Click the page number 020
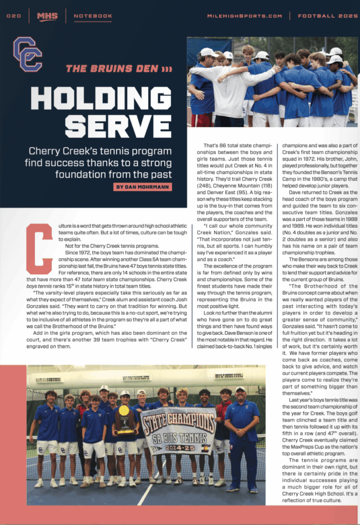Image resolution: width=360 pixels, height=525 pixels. coord(14,16)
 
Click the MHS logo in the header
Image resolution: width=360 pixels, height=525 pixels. coord(47,16)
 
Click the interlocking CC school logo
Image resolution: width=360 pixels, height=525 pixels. coord(27,53)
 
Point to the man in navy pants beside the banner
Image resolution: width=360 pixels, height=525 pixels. coord(242,436)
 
